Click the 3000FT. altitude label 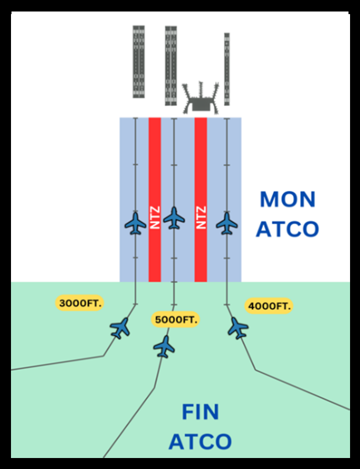pyautogui.click(x=80, y=303)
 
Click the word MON pyautogui.click(x=288, y=199)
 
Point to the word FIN pyautogui.click(x=199, y=412)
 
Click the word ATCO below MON pyautogui.click(x=287, y=228)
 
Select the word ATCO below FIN pyautogui.click(x=200, y=442)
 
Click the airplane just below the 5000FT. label pyautogui.click(x=165, y=346)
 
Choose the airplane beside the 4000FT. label pyautogui.click(x=238, y=328)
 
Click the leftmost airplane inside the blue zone pyautogui.click(x=136, y=224)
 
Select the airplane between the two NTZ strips pyautogui.click(x=174, y=218)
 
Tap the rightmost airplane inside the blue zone pyautogui.click(x=227, y=224)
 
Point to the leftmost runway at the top pyautogui.click(x=139, y=61)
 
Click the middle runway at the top pyautogui.click(x=171, y=65)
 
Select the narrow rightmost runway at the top pyautogui.click(x=227, y=68)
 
